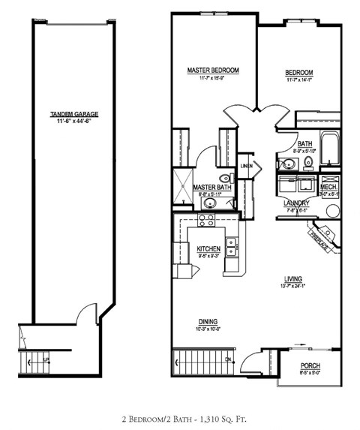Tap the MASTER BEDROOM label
coord(213,70)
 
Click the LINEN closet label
coord(246,166)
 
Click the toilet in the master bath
coord(229,178)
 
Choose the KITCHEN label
coord(208,248)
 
